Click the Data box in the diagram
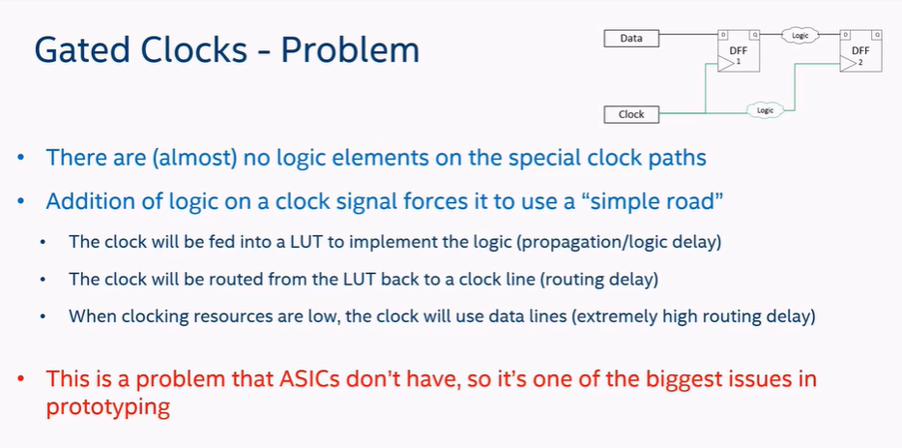click(x=631, y=39)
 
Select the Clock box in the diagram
click(x=631, y=114)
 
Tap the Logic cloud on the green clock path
click(x=765, y=110)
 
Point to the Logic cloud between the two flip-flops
click(x=800, y=35)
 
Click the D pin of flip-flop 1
click(x=722, y=35)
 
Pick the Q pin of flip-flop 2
click(x=877, y=35)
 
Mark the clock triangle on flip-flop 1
click(x=726, y=63)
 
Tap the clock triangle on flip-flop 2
click(x=848, y=63)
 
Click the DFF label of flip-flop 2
click(x=860, y=50)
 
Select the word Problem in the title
click(x=350, y=49)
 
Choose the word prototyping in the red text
click(x=108, y=407)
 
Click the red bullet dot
click(x=21, y=380)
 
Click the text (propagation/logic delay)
click(x=619, y=242)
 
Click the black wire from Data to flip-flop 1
click(x=688, y=35)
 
